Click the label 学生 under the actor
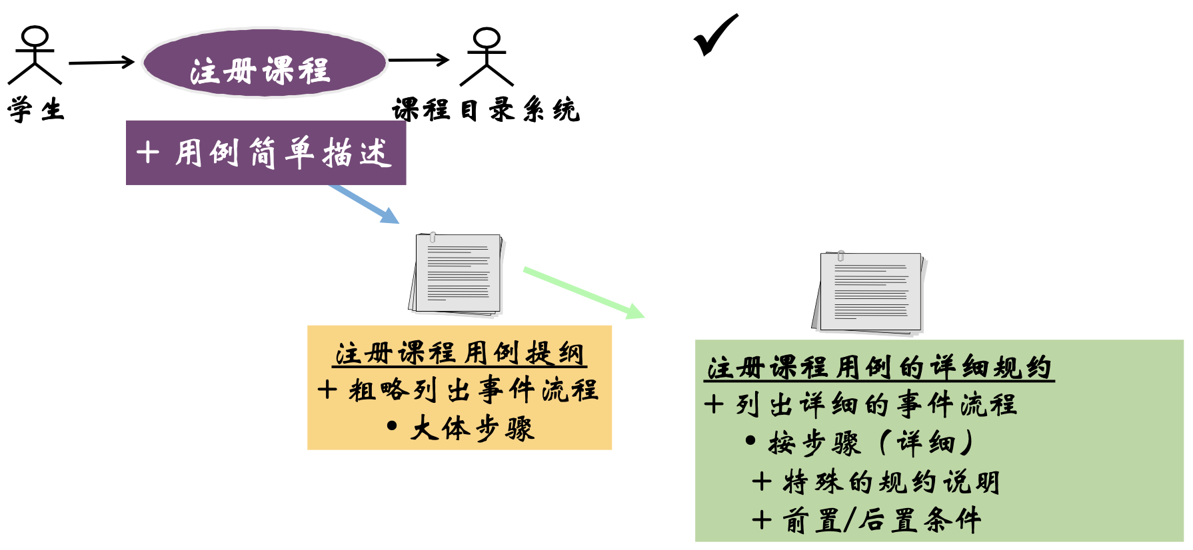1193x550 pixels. coord(36,110)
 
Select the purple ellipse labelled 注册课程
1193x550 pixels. coord(264,63)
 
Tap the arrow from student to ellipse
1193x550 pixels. coord(101,63)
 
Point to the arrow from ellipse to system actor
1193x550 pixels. coord(419,60)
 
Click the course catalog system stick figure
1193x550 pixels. coord(487,57)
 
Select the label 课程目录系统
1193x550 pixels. coord(486,110)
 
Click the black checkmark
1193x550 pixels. coord(715,35)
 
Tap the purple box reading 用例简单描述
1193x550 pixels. coord(266,152)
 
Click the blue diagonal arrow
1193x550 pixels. coord(364,204)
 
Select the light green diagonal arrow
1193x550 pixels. coord(583,292)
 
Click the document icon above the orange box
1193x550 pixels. coord(457,273)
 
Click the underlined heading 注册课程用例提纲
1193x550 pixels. coord(459,354)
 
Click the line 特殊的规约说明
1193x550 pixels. coord(876,482)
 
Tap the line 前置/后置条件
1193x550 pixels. coord(866,520)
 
